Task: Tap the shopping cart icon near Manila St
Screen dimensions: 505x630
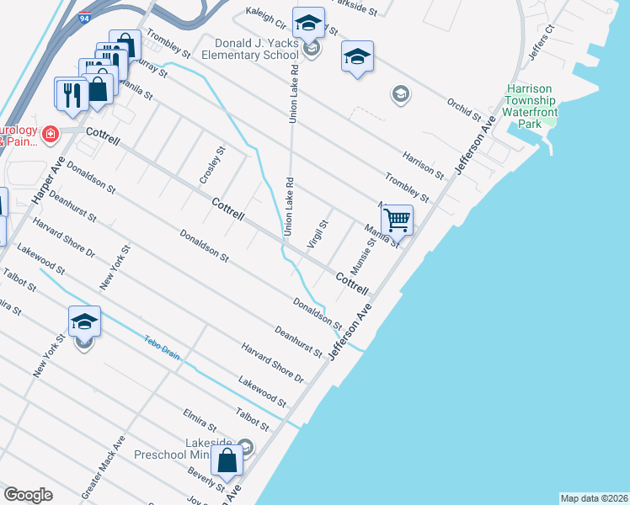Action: click(x=398, y=221)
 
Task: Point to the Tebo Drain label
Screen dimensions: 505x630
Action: click(x=161, y=345)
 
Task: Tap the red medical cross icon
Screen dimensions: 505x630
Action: click(x=51, y=134)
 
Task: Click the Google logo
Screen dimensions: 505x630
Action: click(x=28, y=494)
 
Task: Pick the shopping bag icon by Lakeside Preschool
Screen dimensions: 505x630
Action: click(x=227, y=461)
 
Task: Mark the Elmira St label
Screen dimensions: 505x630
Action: click(x=200, y=420)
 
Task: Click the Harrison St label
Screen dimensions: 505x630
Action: click(x=423, y=166)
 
